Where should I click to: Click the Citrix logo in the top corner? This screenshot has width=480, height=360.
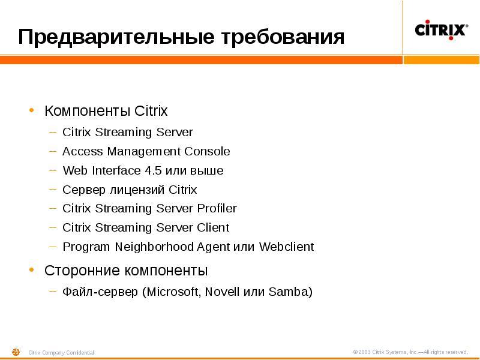[441, 29]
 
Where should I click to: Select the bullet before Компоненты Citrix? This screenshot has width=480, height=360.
[32, 111]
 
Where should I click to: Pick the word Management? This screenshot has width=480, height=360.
[143, 151]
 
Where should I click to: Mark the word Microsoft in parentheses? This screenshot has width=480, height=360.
[173, 292]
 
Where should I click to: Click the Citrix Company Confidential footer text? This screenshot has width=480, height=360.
[61, 353]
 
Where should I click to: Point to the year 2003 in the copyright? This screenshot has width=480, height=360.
[365, 352]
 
